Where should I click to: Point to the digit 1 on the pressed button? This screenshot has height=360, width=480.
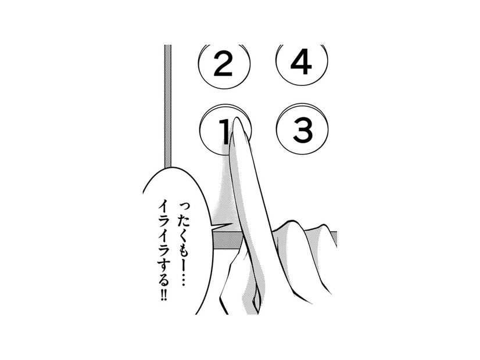225,132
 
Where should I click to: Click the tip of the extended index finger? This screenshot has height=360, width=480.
237,117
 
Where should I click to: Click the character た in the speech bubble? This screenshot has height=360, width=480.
180,219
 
